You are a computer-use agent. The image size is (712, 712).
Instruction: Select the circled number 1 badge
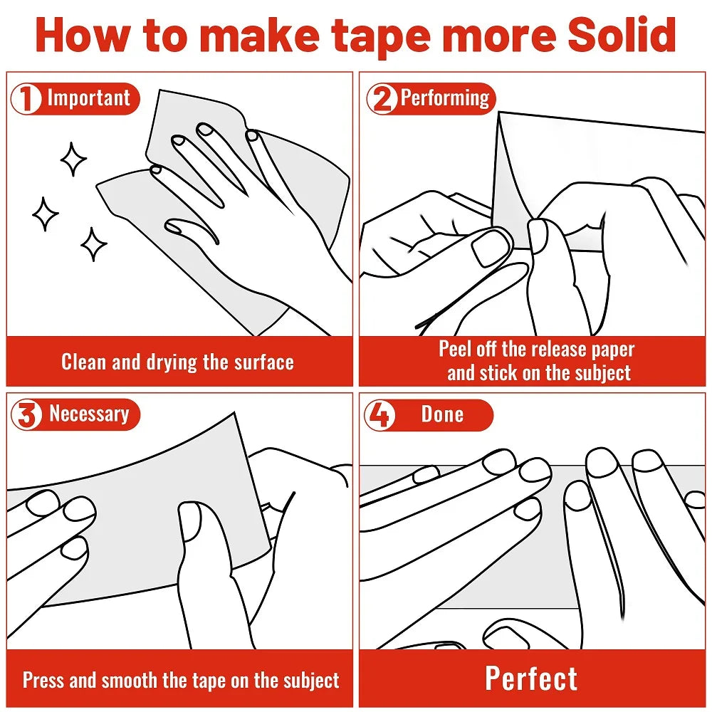(x=26, y=98)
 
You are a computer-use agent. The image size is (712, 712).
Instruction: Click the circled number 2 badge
(x=382, y=98)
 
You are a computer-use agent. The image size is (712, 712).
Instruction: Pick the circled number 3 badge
(x=26, y=414)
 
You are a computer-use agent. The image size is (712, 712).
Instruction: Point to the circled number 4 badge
(x=379, y=414)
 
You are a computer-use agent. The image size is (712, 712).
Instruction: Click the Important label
(x=88, y=98)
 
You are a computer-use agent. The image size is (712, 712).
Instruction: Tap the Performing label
(x=445, y=98)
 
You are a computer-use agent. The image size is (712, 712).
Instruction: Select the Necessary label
(x=89, y=414)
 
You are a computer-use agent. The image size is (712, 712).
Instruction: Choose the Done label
(x=442, y=414)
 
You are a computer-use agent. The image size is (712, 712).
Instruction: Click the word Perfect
(x=531, y=679)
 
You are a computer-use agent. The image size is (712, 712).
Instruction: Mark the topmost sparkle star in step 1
(x=73, y=159)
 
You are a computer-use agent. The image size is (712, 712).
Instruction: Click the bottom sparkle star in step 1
(x=93, y=244)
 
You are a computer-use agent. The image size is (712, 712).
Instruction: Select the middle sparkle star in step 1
(x=45, y=214)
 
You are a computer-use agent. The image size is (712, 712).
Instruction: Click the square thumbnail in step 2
(x=491, y=248)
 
